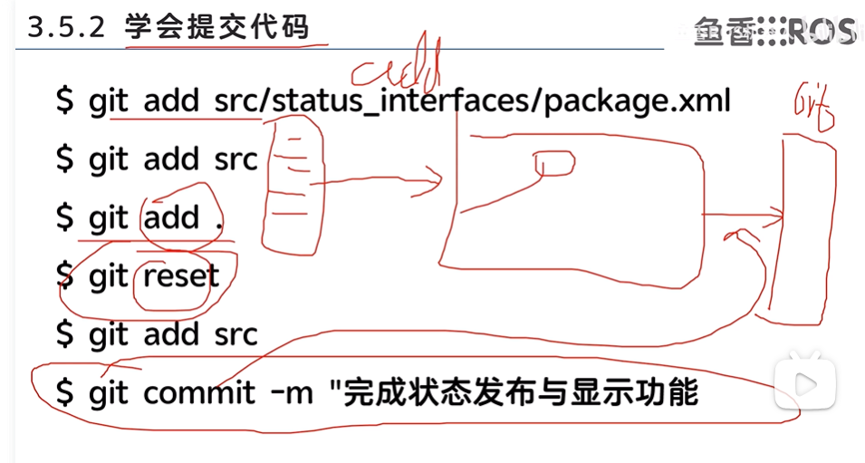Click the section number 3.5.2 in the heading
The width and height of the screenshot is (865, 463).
click(x=69, y=28)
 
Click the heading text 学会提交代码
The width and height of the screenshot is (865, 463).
click(x=217, y=28)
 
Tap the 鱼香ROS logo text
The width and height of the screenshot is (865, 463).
click(x=774, y=32)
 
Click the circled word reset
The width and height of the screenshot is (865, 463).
click(x=180, y=276)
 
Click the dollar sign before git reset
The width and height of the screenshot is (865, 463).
click(x=64, y=276)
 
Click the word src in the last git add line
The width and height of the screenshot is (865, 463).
click(x=236, y=334)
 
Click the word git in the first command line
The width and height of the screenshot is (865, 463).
click(x=110, y=101)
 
